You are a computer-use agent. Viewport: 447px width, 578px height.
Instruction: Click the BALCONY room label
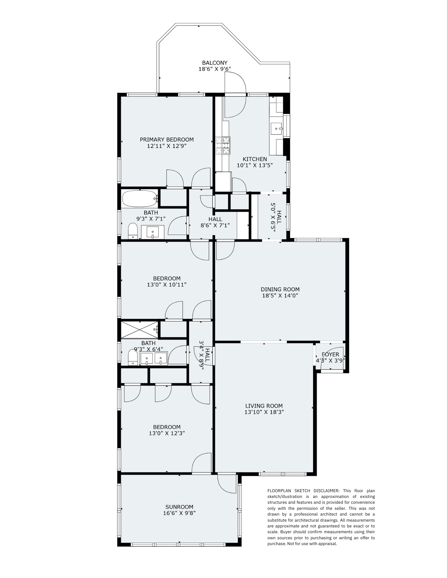pos(215,63)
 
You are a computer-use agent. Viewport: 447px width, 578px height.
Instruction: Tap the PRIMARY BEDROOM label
pos(167,140)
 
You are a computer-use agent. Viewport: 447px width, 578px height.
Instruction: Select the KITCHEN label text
pos(255,159)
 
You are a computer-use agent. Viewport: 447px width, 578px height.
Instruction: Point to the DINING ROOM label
pos(280,289)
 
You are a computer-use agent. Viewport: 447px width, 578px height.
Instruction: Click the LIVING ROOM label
pos(264,406)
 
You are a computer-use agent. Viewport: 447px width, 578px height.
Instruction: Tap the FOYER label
pos(330,355)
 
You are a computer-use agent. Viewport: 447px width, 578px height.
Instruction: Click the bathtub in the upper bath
pos(140,199)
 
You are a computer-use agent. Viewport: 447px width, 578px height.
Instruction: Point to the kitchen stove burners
pos(223,145)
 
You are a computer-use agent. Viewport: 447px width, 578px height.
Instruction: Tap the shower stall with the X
pos(140,329)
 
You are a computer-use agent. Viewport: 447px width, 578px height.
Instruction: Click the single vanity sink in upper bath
pos(152,232)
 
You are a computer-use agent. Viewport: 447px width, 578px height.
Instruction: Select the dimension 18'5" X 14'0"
pos(280,296)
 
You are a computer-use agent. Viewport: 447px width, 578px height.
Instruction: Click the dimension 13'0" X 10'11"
pos(167,285)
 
